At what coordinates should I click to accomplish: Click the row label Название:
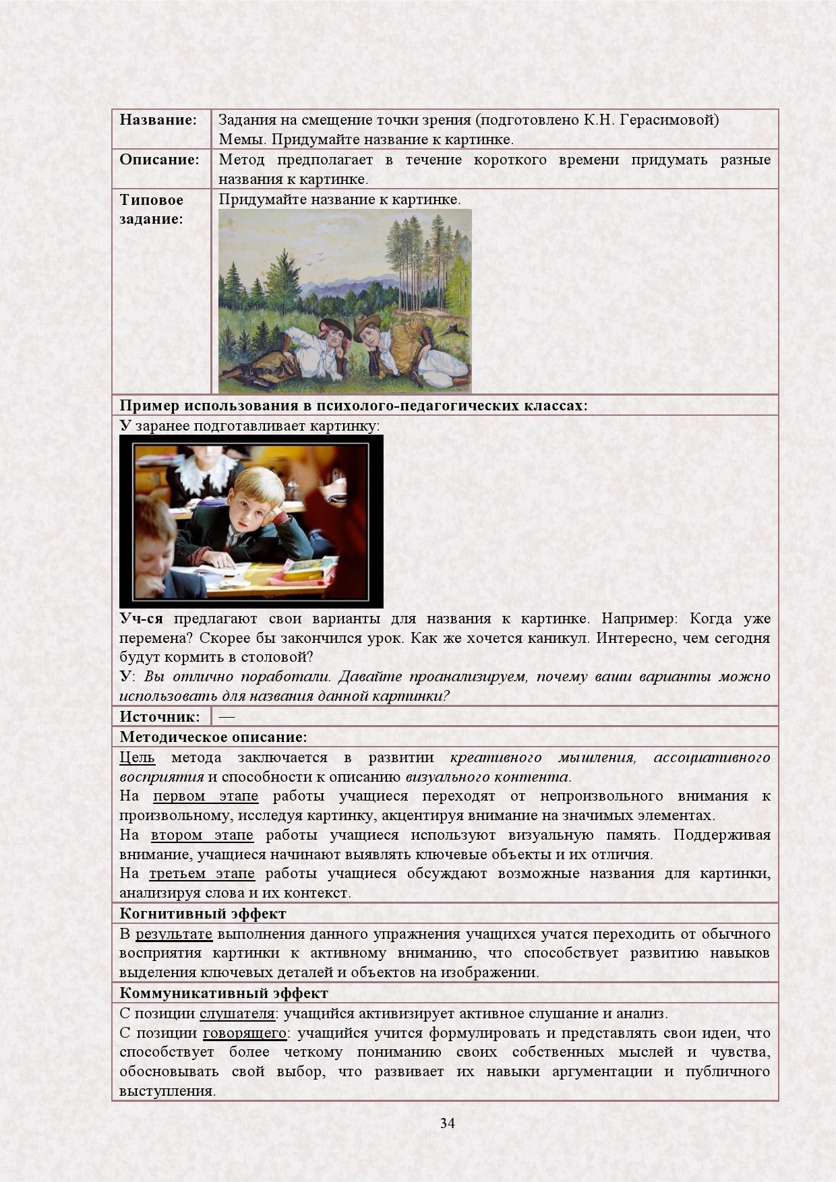(158, 120)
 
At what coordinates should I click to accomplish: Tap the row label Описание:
(159, 160)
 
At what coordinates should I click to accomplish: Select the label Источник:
(160, 716)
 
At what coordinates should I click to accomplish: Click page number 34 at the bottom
(447, 1123)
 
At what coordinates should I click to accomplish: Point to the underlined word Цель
(137, 757)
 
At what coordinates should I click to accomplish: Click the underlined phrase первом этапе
(205, 796)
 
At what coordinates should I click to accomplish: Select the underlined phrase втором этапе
(202, 835)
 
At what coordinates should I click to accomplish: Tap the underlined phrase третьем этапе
(202, 873)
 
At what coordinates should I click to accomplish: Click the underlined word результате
(173, 934)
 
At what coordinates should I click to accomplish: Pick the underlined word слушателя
(237, 1014)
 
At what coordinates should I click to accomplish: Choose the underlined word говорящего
(245, 1033)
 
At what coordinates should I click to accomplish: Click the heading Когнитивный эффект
(202, 914)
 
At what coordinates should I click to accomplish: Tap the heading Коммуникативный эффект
(223, 993)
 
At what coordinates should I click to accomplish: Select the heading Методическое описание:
(213, 737)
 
